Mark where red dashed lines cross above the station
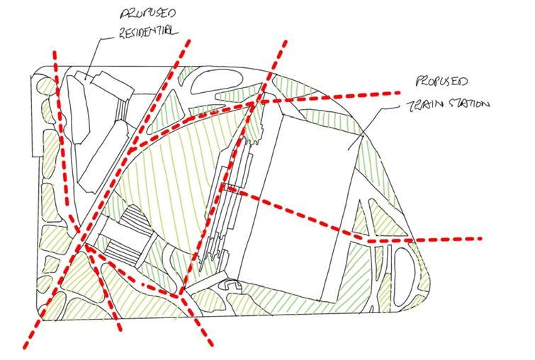(x=254, y=105)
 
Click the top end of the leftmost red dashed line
(x=54, y=51)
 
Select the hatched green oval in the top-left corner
(x=45, y=88)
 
